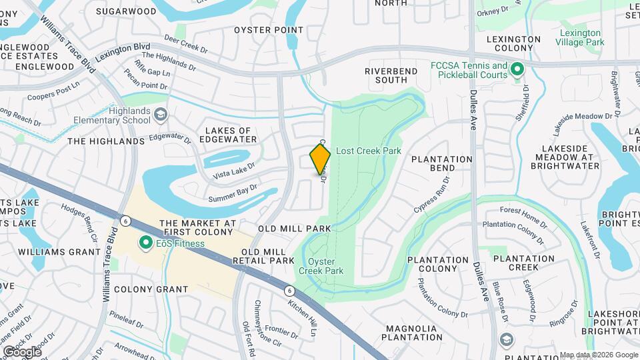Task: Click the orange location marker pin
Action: click(320, 159)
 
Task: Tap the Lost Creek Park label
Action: click(368, 151)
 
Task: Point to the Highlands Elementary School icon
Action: click(160, 115)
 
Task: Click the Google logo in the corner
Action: click(21, 352)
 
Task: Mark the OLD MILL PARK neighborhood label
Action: click(300, 229)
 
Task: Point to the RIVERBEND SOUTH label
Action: click(386, 75)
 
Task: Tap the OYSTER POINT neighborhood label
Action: click(269, 30)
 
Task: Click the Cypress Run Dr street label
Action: click(429, 199)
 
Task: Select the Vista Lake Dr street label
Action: click(234, 170)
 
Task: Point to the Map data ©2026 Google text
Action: click(599, 355)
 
